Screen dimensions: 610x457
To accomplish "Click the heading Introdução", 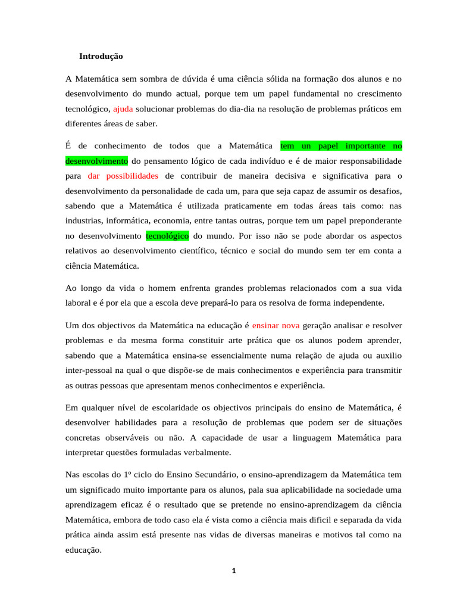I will point(101,56).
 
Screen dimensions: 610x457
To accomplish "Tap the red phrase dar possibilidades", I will point(123,176).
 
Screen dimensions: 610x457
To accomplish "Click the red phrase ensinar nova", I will point(276,325).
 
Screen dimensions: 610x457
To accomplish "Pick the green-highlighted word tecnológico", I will point(167,235).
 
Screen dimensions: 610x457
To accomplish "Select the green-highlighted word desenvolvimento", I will point(96,161).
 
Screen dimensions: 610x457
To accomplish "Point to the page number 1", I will point(234,571).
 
